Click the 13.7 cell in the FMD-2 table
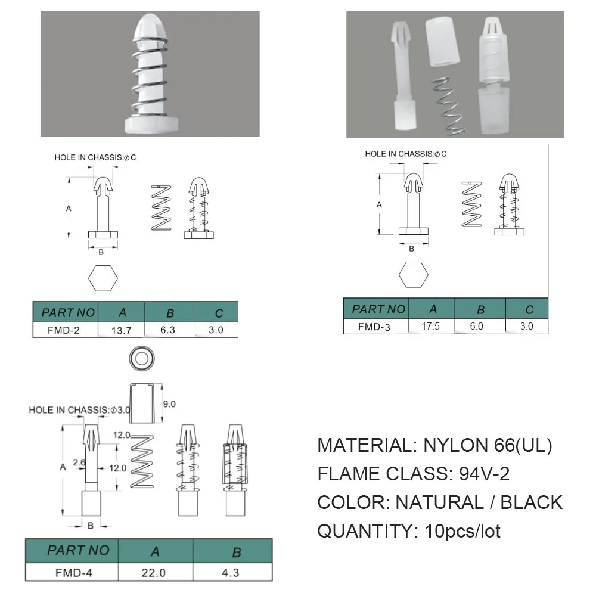pyautogui.click(x=121, y=330)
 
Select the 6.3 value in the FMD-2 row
pyautogui.click(x=167, y=330)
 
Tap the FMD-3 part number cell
pyautogui.click(x=374, y=327)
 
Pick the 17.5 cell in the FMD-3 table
pyautogui.click(x=431, y=326)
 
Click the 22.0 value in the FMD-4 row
pyautogui.click(x=154, y=572)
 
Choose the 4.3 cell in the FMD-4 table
pyautogui.click(x=230, y=572)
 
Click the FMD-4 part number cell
pyautogui.click(x=74, y=572)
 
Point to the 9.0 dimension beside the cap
pyautogui.click(x=169, y=404)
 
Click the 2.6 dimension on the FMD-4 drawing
pyautogui.click(x=79, y=462)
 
